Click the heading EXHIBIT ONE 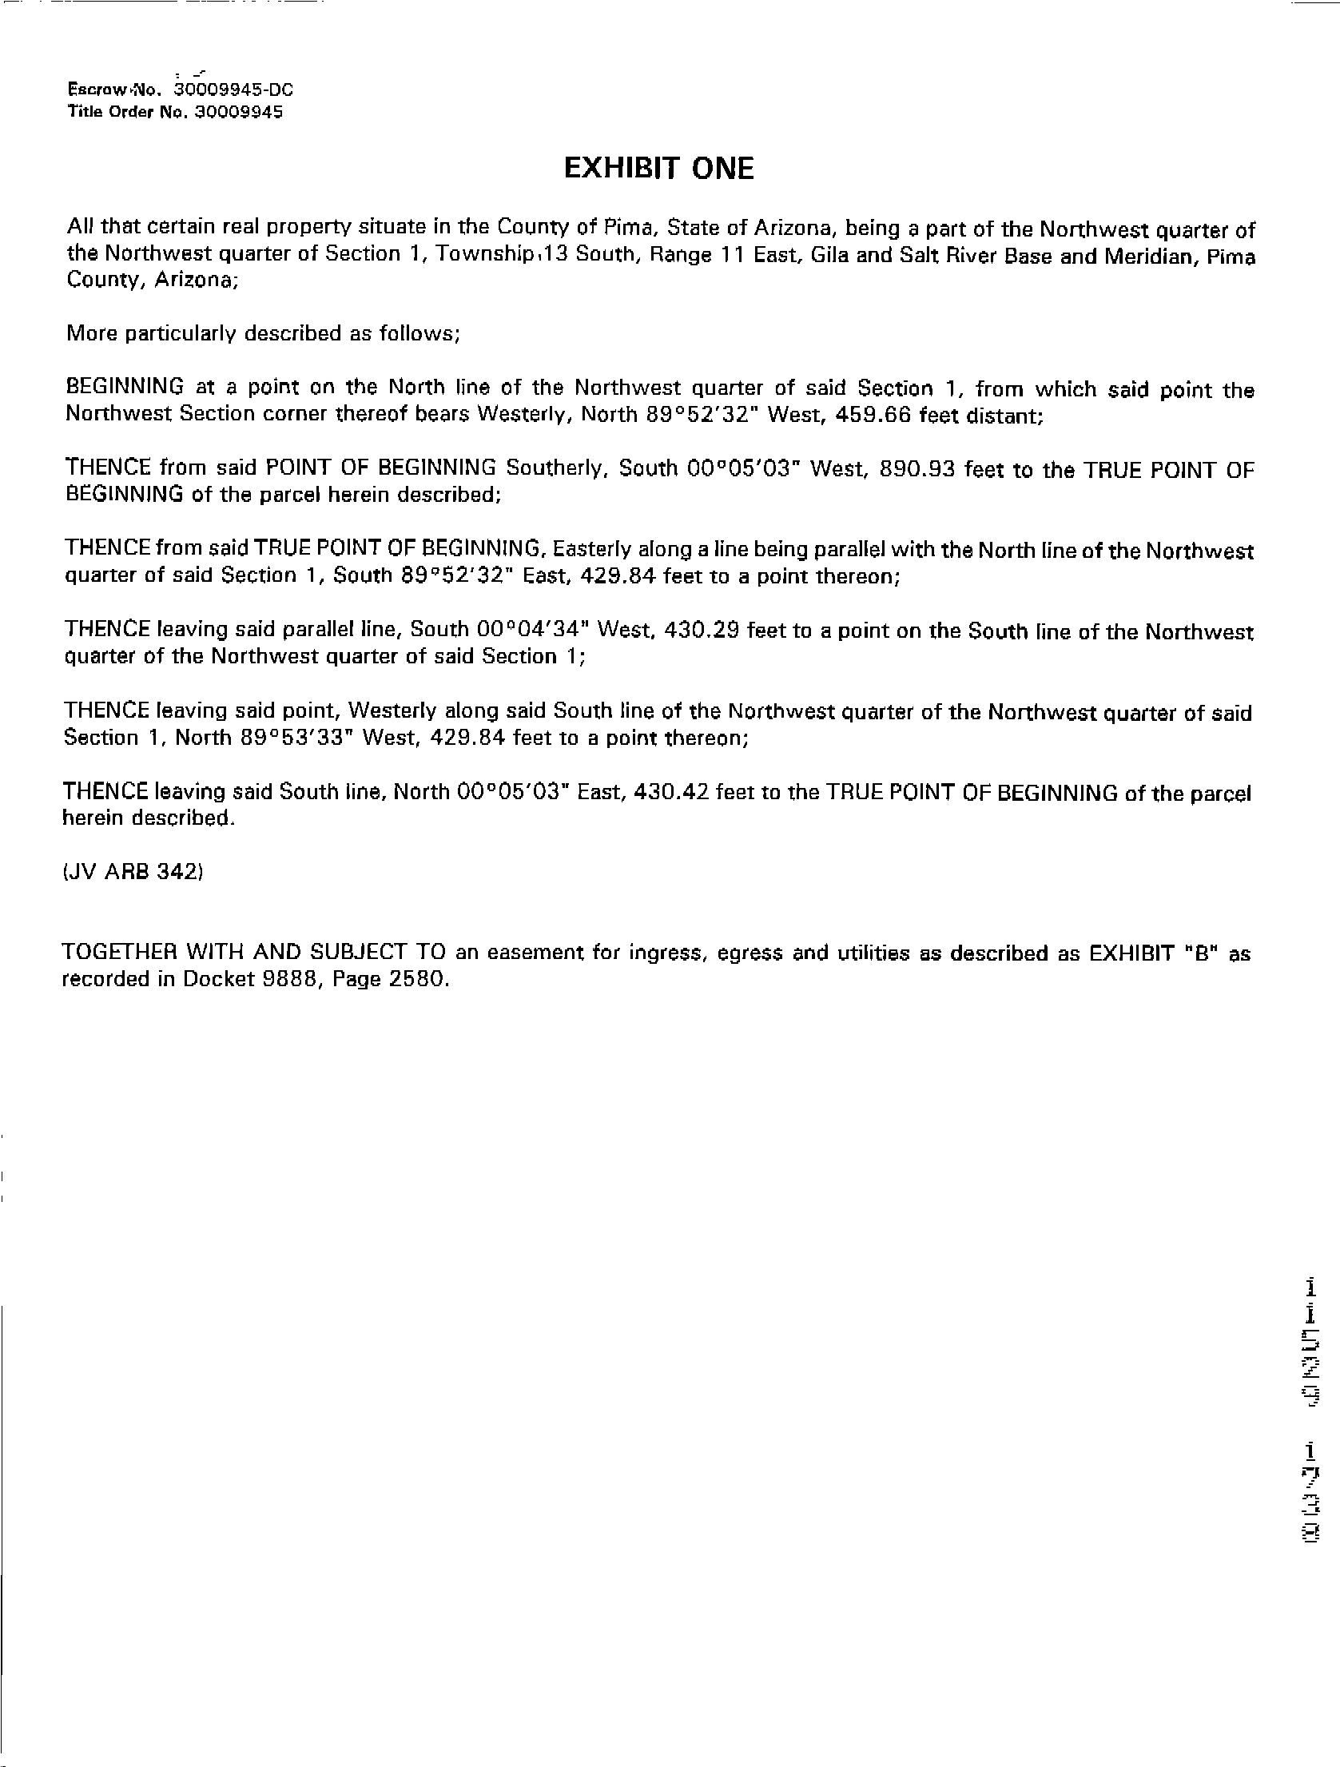click(658, 169)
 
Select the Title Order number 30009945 click(239, 112)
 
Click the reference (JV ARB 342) click(133, 872)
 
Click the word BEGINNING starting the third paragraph click(125, 387)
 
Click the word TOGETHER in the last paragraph click(119, 952)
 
